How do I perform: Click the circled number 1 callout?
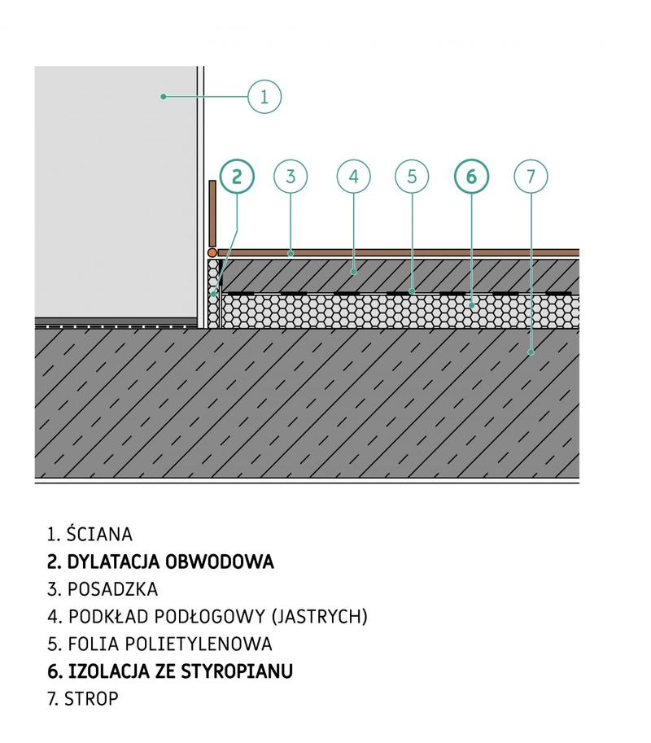pos(264,97)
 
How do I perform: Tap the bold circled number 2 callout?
pos(237,177)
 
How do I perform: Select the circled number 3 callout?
pos(291,177)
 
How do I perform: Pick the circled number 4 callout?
pos(353,177)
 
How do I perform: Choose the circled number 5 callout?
pos(412,177)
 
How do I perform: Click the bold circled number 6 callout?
pos(471,177)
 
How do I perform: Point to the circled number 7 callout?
pos(531,177)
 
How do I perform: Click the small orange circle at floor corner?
pos(212,253)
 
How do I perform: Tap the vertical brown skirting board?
pos(212,214)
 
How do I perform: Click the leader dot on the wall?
pos(164,97)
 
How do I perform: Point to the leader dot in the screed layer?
pos(353,272)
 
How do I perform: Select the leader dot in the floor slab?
pos(531,352)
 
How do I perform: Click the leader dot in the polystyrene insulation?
pos(471,306)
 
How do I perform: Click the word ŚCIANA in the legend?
pos(99,534)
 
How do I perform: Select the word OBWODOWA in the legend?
pos(220,562)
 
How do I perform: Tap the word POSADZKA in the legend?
pos(113,589)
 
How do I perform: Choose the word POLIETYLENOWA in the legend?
pos(199,644)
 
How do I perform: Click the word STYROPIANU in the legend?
pos(237,671)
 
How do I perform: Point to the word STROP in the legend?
pos(91,699)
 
